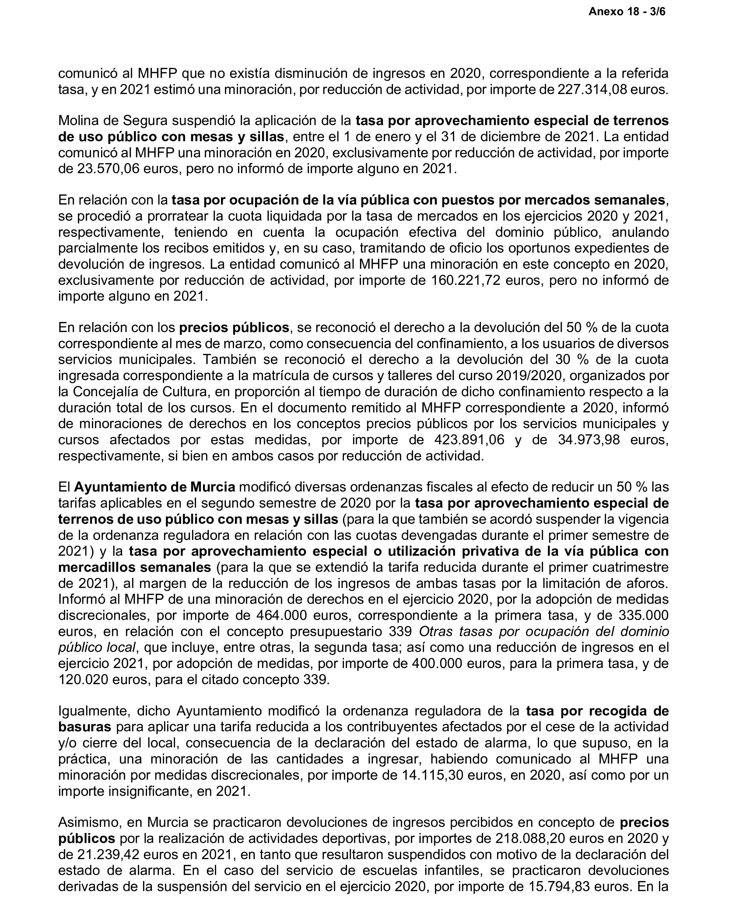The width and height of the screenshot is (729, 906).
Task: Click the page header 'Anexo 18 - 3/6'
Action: tap(626, 12)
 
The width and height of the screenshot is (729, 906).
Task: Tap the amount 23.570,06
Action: tap(108, 169)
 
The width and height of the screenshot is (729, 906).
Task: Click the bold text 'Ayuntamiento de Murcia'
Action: tap(154, 487)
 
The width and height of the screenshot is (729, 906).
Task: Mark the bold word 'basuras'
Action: tap(84, 727)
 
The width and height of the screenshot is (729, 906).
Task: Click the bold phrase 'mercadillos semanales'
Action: tap(134, 568)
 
